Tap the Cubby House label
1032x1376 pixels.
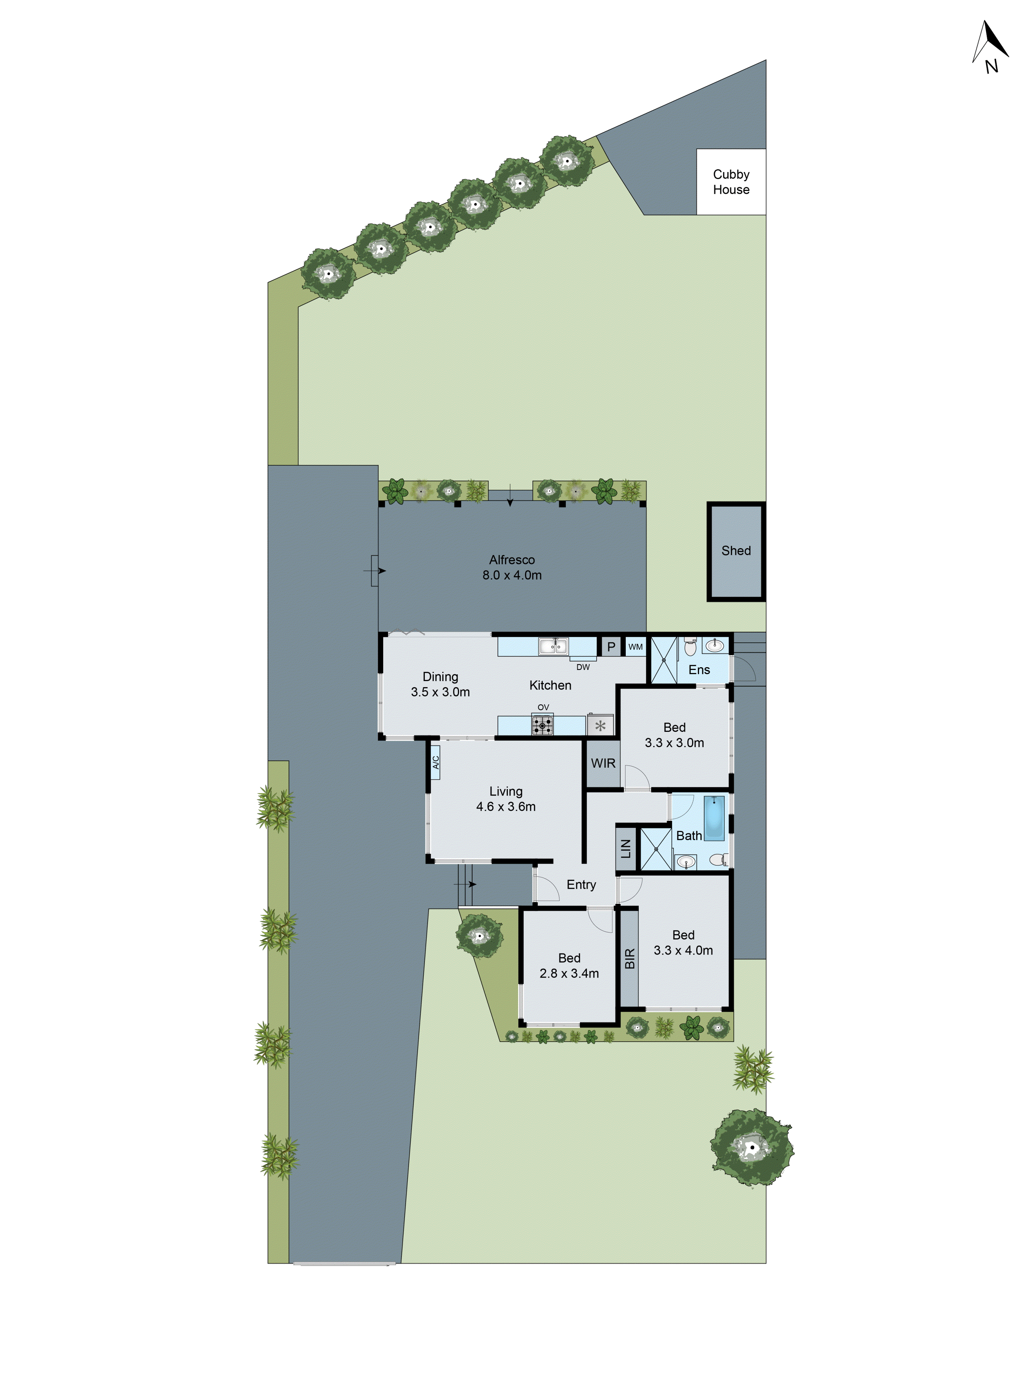[731, 182]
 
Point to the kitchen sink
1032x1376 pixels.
[553, 646]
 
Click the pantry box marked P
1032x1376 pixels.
[611, 646]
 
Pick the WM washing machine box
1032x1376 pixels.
[635, 646]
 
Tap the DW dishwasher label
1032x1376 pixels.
[583, 667]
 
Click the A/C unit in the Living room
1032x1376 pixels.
[436, 762]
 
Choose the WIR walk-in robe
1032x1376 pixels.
[603, 763]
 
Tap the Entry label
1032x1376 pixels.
[581, 885]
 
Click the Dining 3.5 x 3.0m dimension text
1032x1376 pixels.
[440, 692]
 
